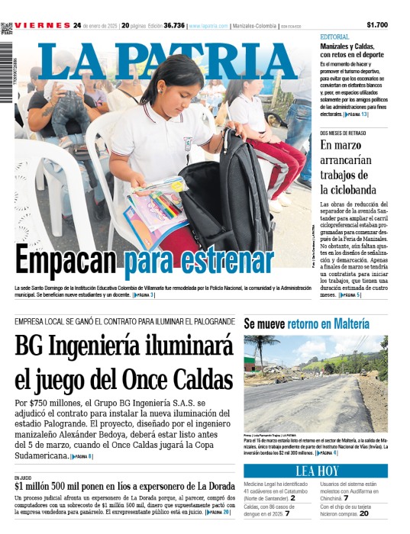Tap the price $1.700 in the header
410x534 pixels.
377,25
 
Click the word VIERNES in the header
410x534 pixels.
42,25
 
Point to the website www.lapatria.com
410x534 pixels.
208,25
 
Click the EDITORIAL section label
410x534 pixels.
335,37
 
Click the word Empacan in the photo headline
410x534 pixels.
58,262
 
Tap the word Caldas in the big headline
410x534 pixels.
195,378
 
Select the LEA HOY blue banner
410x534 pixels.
316,471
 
